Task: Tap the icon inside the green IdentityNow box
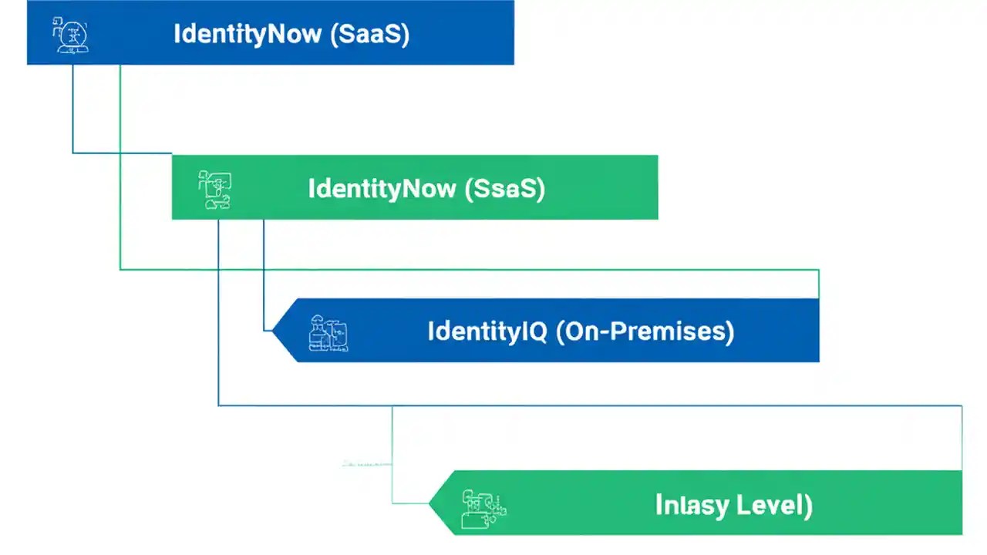tap(215, 190)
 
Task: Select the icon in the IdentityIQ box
tap(328, 333)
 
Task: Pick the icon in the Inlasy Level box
tap(483, 509)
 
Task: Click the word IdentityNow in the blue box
tap(247, 35)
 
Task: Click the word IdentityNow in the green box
tap(382, 189)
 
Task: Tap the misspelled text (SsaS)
tap(505, 189)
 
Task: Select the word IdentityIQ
tap(487, 331)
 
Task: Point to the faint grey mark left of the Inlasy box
tap(366, 464)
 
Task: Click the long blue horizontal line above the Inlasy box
tap(586, 405)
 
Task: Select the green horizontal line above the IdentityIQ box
tap(463, 269)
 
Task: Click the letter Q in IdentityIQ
tap(537, 331)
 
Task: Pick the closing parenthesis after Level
tap(807, 506)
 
